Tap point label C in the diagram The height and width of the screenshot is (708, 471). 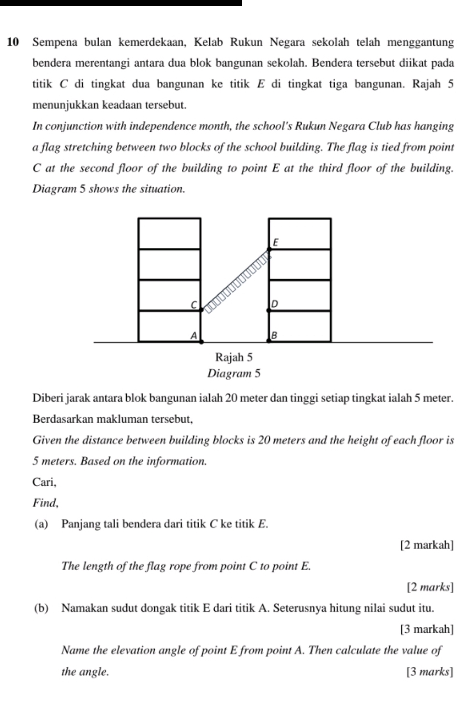[x=193, y=304]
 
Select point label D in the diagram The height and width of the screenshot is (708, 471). [x=275, y=304]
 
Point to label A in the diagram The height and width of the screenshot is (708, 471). [x=193, y=335]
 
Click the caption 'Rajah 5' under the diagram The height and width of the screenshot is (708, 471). [x=234, y=357]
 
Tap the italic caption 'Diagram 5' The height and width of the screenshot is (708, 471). [x=234, y=373]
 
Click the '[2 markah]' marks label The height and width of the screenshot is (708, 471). [x=427, y=545]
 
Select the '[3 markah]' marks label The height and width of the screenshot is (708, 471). [x=427, y=629]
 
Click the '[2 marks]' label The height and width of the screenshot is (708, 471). [x=430, y=587]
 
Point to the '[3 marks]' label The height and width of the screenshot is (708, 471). [x=430, y=671]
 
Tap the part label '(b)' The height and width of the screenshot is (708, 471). [x=41, y=608]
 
